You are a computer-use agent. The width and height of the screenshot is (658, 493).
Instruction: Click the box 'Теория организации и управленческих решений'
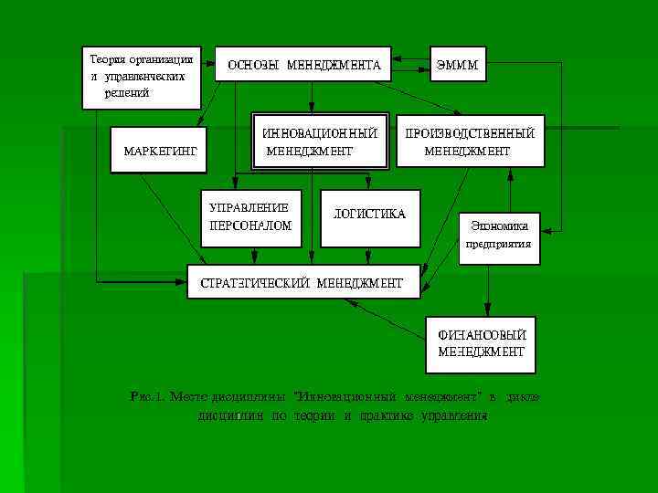(x=142, y=76)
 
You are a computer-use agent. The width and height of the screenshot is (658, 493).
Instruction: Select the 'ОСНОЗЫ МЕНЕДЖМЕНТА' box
(x=302, y=65)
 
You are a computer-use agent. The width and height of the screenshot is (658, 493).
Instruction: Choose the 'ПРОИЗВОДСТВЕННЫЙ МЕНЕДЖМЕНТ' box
(x=469, y=142)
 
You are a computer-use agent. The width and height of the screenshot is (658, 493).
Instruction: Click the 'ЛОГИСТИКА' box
(x=370, y=215)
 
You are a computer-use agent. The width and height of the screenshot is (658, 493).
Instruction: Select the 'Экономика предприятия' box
(x=499, y=236)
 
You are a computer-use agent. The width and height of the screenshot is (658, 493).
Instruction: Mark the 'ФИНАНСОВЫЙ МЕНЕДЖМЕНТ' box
(x=481, y=343)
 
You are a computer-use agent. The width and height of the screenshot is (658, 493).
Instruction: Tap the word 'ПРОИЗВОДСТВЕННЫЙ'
(x=470, y=133)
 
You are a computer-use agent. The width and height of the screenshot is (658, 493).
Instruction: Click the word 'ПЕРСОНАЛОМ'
(x=250, y=226)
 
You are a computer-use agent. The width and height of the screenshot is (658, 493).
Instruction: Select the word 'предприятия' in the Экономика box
(x=499, y=245)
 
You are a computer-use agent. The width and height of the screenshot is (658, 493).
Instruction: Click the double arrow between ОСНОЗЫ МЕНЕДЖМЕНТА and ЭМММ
(x=409, y=65)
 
